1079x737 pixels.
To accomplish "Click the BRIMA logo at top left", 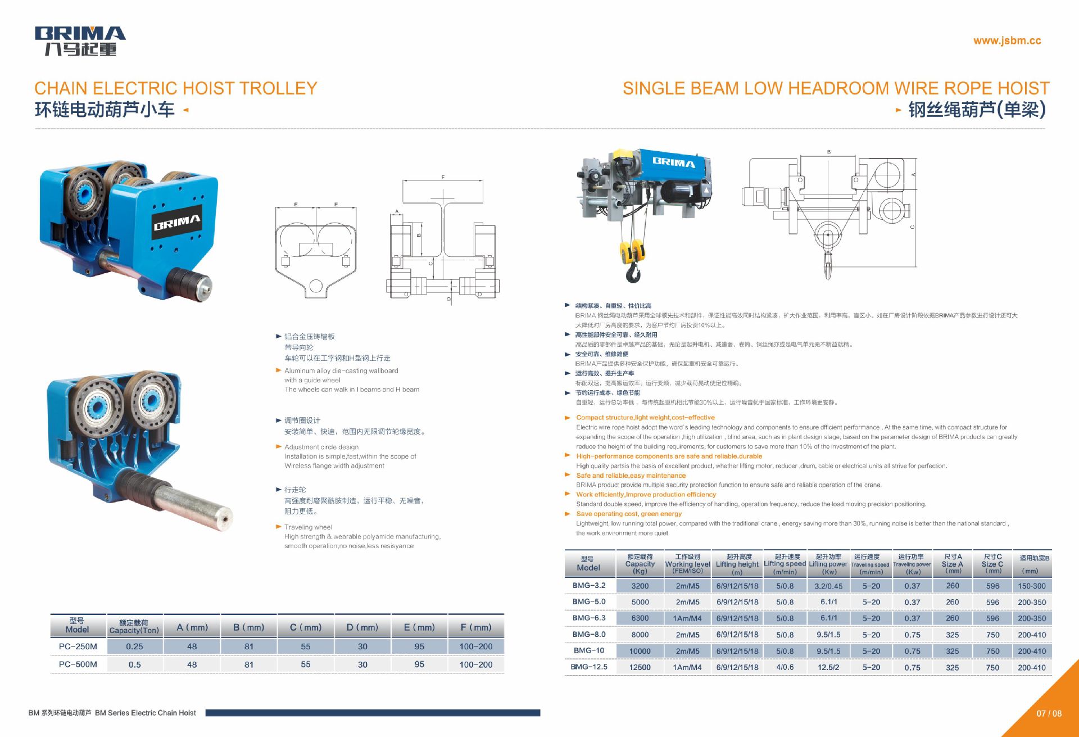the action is (80, 40).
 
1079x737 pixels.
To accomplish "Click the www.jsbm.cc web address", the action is (1007, 40).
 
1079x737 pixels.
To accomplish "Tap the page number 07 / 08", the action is (1049, 713).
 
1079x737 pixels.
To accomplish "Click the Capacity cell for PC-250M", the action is (135, 646).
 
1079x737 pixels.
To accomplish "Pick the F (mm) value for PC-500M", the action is (475, 664).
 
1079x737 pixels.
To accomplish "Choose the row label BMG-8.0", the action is (589, 634).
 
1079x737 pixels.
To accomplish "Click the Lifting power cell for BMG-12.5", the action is (828, 667).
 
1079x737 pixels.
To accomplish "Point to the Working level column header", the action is (687, 564).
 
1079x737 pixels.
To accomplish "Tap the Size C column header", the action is (992, 564).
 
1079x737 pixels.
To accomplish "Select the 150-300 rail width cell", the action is (1031, 586).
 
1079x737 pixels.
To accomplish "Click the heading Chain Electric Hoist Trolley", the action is (176, 88).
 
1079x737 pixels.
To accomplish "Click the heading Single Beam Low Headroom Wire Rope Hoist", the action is (836, 88).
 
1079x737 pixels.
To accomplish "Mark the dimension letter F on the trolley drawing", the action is (443, 177).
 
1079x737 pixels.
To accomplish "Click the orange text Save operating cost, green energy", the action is (628, 514).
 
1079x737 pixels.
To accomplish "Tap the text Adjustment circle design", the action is (321, 447).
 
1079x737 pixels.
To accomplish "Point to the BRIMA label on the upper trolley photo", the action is (177, 223).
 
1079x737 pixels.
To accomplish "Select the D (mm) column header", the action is (362, 627).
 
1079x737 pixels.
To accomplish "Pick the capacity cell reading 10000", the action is (640, 651).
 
